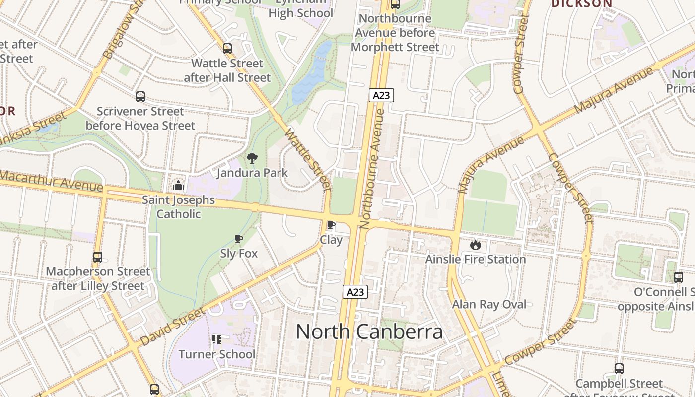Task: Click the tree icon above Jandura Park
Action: pyautogui.click(x=252, y=158)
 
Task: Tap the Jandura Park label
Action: pyautogui.click(x=252, y=173)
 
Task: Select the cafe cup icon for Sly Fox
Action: pyautogui.click(x=239, y=239)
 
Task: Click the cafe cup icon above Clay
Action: pyautogui.click(x=331, y=225)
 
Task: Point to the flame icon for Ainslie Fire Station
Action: pyautogui.click(x=475, y=244)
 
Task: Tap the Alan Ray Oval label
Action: pyautogui.click(x=489, y=304)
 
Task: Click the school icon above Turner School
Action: pyautogui.click(x=216, y=339)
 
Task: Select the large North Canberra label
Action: pyautogui.click(x=369, y=331)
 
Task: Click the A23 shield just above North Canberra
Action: pyautogui.click(x=355, y=292)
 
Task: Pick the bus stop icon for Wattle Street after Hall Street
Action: pyautogui.click(x=227, y=48)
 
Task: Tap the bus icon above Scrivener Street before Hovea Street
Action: pyautogui.click(x=140, y=96)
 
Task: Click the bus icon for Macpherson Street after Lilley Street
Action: pyautogui.click(x=98, y=257)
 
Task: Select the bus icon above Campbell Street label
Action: pyautogui.click(x=619, y=368)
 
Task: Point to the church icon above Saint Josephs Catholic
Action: pyautogui.click(x=178, y=186)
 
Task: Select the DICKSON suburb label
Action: pyautogui.click(x=582, y=4)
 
